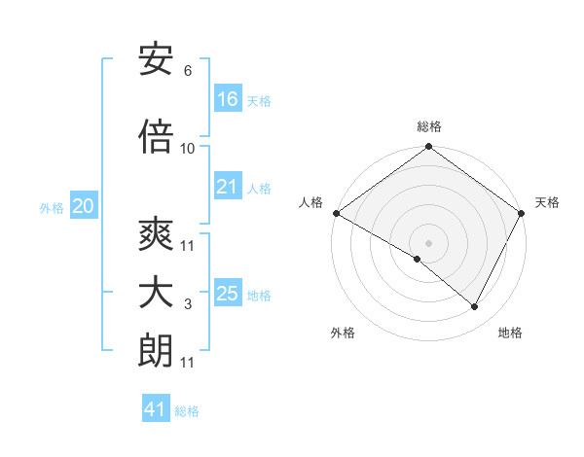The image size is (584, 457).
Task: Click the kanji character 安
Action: click(156, 61)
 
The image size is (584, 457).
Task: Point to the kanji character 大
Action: click(156, 295)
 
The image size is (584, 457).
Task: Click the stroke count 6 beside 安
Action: click(187, 71)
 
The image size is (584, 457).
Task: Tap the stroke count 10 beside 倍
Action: click(188, 148)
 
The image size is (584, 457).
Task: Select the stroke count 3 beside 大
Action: click(187, 305)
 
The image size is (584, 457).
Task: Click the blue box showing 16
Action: click(228, 98)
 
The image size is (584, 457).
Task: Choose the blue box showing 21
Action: click(228, 187)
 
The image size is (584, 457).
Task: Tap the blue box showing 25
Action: click(228, 294)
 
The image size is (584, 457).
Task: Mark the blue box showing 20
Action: click(84, 206)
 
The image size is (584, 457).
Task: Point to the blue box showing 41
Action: click(156, 409)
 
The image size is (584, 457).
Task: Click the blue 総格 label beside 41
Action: click(187, 411)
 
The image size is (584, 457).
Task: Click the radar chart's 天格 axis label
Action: click(547, 202)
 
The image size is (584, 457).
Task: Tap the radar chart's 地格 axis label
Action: click(510, 333)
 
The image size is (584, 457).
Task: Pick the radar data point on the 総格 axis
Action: click(428, 148)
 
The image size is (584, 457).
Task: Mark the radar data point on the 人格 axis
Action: click(336, 213)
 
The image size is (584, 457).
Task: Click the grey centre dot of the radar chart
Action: click(428, 242)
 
